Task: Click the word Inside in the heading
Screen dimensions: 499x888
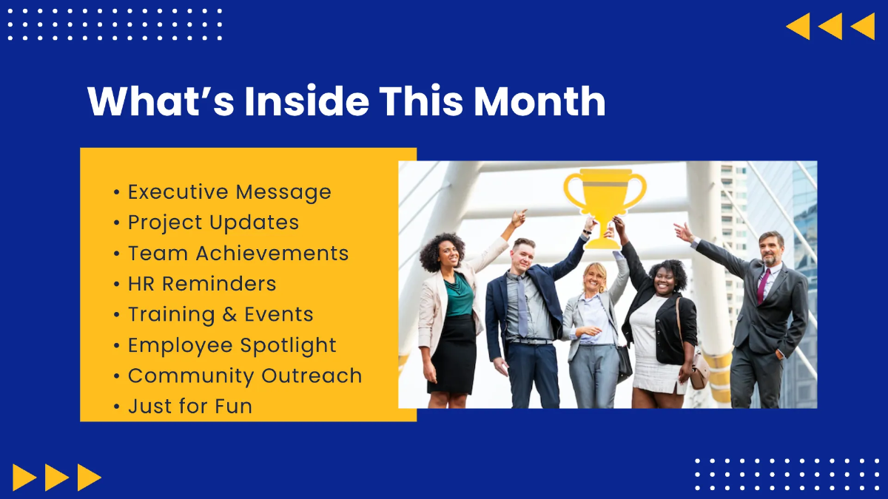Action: click(306, 101)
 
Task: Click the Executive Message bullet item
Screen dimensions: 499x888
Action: click(229, 192)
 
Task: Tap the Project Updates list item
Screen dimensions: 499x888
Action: click(213, 223)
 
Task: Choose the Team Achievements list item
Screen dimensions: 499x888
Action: click(238, 253)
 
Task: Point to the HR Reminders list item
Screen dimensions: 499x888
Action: click(201, 284)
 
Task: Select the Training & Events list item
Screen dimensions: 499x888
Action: click(221, 314)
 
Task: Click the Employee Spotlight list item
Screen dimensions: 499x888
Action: click(232, 345)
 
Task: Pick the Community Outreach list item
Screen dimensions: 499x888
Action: click(244, 376)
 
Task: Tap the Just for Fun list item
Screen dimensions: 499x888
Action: click(189, 406)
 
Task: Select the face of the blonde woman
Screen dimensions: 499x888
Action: click(596, 276)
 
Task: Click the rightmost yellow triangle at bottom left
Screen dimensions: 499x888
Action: click(89, 477)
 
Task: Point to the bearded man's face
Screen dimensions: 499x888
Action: click(770, 249)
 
